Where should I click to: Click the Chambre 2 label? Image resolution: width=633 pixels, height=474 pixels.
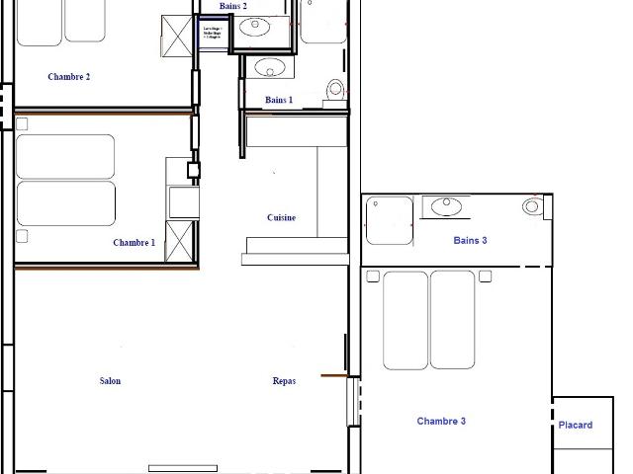point(68,76)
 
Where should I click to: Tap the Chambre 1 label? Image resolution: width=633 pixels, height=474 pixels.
point(134,242)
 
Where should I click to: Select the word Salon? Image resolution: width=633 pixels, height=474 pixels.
point(110,381)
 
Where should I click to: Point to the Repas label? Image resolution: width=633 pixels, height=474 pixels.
point(284,380)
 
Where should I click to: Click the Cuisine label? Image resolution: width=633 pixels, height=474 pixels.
point(281,217)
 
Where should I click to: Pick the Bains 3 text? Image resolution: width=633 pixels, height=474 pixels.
point(470,240)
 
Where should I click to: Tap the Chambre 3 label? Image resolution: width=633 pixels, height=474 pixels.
point(441,421)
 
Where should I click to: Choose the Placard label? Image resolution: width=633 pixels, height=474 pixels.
point(576,425)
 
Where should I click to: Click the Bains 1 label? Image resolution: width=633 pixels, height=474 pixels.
point(279,100)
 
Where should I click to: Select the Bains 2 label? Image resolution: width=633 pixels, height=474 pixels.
point(232,6)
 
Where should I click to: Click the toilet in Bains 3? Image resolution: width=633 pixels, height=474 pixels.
point(533,206)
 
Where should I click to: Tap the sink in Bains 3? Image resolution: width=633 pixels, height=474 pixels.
point(447,205)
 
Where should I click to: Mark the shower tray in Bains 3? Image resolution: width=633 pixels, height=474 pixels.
point(389,219)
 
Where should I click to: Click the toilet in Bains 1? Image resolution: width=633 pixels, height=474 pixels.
point(335,89)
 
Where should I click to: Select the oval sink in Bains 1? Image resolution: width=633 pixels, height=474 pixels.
point(267,67)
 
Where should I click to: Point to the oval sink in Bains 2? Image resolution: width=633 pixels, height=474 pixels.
point(256,27)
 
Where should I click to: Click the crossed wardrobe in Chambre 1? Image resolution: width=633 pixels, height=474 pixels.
point(178,242)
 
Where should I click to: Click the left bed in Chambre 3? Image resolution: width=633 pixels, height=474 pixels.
point(405,318)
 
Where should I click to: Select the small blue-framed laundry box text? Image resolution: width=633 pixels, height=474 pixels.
point(212,33)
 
